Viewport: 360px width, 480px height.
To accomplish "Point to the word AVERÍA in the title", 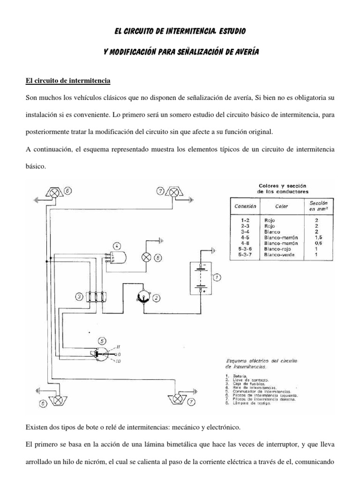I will click(246, 52).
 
